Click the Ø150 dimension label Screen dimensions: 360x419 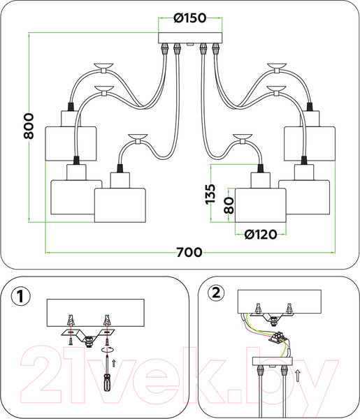190,18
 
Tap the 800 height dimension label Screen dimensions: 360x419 29,126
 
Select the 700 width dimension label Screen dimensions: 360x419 189,252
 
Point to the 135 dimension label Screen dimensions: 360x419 210,194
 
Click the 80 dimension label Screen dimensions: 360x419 229,205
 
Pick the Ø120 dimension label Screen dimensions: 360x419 261,235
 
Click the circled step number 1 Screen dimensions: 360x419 21,297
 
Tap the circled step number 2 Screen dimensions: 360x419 216,293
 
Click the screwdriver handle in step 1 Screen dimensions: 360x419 107,383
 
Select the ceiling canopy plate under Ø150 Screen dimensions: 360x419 190,38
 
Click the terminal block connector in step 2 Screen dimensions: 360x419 278,337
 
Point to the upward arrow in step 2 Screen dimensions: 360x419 297,376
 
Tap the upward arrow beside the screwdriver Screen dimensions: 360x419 114,363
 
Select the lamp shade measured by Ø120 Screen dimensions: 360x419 261,205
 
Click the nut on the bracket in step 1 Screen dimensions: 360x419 87,342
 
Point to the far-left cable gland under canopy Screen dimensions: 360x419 164,48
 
